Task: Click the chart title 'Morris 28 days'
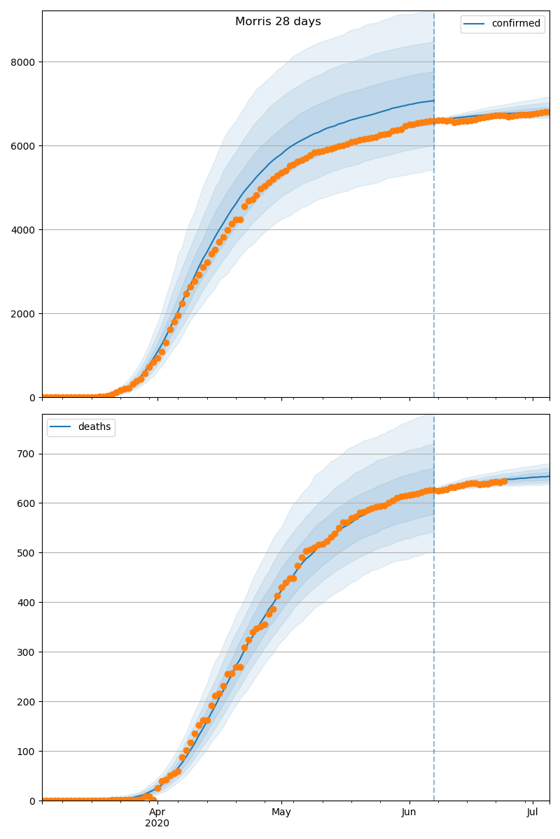[278, 22]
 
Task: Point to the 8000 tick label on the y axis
[24, 62]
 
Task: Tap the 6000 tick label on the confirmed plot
[24, 146]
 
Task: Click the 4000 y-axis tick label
[24, 230]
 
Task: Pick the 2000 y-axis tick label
[24, 314]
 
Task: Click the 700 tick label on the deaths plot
[27, 454]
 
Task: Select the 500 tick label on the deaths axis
[27, 553]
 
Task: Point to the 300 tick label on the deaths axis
[27, 652]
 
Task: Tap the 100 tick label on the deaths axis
[27, 752]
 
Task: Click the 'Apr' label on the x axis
[157, 812]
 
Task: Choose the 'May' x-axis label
[281, 812]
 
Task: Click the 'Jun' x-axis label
[409, 812]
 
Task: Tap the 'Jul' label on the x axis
[533, 812]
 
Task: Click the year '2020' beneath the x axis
[157, 824]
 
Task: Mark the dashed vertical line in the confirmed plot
[434, 210]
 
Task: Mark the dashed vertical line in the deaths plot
[434, 629]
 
